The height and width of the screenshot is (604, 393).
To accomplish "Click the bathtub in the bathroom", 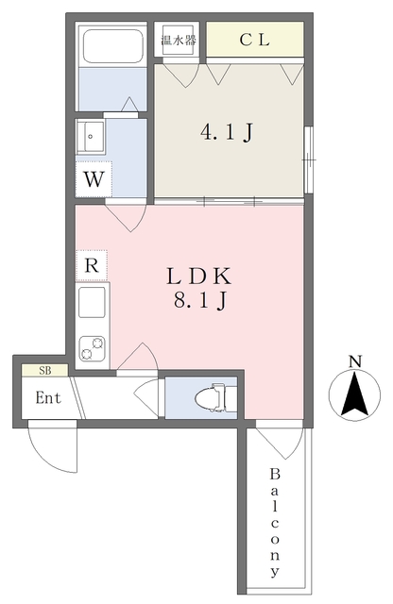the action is [x=113, y=46].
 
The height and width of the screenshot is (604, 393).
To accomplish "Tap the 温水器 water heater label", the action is [x=179, y=40].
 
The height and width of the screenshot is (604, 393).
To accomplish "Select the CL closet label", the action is [x=254, y=40].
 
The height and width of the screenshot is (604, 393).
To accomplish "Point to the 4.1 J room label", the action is [x=227, y=132].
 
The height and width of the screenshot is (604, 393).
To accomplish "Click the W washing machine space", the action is [x=94, y=179].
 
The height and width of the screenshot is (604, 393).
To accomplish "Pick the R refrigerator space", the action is [x=92, y=265].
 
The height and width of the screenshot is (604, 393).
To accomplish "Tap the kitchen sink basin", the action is [x=92, y=302].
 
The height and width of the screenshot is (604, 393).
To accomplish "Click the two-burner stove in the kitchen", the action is [x=92, y=348].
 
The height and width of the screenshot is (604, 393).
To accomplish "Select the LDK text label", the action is [x=199, y=276].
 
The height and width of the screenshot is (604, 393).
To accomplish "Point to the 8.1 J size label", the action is [x=199, y=300].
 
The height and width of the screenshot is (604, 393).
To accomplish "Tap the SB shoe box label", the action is [x=45, y=371].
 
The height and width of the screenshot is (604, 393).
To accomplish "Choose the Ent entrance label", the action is [x=48, y=397].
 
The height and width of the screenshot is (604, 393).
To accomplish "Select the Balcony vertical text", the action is [x=275, y=524].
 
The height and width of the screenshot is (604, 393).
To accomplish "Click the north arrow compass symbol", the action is [x=354, y=394].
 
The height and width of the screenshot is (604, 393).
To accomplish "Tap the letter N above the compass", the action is [x=355, y=361].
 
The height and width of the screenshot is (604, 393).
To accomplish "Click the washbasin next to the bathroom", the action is [x=91, y=137].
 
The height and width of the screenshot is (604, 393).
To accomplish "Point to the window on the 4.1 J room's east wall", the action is [x=308, y=159].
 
